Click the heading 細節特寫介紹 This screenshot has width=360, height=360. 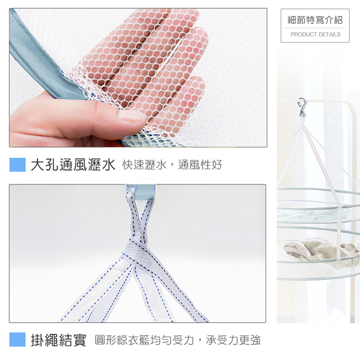(x=315, y=20)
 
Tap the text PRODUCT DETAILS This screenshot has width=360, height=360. (x=315, y=35)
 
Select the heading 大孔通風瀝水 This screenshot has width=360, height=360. (x=73, y=165)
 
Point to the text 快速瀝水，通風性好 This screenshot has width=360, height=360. (x=172, y=165)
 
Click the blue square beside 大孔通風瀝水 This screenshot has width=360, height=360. (x=17, y=165)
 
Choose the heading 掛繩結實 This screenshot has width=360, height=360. (x=58, y=340)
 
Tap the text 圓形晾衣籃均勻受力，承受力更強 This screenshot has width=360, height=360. (x=177, y=340)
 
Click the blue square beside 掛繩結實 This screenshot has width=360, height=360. (x=17, y=340)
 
